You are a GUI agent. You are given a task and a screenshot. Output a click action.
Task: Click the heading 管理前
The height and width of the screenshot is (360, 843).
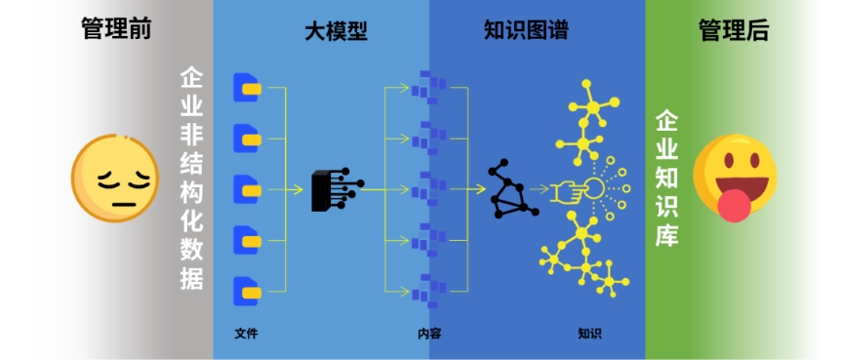[x=116, y=30]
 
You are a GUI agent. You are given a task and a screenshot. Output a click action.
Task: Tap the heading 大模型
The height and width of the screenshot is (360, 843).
[x=336, y=31]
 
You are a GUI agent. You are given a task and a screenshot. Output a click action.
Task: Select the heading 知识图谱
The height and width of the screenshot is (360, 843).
[x=526, y=31]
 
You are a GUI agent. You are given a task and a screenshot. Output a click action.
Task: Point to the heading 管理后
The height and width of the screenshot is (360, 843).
[x=734, y=30]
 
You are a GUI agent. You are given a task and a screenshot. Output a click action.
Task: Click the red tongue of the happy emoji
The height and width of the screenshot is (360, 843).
[x=734, y=203]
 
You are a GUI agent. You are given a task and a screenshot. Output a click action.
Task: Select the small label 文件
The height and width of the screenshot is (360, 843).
[x=246, y=334]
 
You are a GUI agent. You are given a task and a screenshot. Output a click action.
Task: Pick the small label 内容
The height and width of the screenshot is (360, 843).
[x=429, y=334]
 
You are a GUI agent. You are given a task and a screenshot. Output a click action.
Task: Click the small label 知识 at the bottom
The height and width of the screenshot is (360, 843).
[x=589, y=334]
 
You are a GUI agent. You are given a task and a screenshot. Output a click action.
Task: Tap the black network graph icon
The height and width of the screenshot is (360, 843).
[x=511, y=187]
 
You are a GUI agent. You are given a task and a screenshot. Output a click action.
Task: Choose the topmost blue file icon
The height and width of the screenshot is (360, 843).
[x=248, y=89]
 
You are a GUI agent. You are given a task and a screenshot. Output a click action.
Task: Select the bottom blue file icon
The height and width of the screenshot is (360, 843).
[x=248, y=290]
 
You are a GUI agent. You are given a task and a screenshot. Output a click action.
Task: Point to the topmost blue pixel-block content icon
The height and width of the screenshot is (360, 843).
[x=426, y=87]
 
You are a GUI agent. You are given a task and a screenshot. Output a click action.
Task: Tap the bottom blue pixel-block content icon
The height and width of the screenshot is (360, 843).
[x=426, y=289]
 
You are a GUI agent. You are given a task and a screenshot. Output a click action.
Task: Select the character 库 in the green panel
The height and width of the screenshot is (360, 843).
[x=667, y=235]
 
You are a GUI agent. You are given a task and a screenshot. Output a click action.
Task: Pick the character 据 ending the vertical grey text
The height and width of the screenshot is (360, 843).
[x=191, y=277]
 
